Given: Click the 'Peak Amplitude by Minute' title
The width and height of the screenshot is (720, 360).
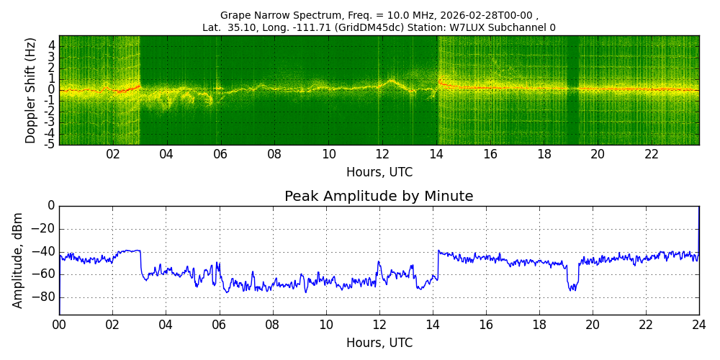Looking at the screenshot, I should click(x=379, y=197).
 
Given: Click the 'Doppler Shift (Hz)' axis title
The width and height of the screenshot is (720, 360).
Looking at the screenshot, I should click(x=30, y=91).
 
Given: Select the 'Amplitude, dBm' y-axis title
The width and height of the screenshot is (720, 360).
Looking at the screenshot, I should click(x=19, y=260).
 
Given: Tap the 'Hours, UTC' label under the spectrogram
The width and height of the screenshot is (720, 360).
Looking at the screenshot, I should click(x=379, y=173).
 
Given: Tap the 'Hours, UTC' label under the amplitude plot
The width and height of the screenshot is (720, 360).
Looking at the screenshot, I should click(x=379, y=343).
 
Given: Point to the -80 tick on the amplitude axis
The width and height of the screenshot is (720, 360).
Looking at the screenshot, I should click(x=45, y=297).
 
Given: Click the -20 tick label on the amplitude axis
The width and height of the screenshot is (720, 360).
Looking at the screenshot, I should click(x=45, y=229).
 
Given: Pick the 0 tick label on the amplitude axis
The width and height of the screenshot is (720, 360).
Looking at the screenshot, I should click(x=50, y=206).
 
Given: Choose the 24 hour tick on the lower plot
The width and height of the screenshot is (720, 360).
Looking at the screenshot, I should click(x=698, y=325).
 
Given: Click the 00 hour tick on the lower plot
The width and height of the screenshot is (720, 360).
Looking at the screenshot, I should click(x=59, y=325).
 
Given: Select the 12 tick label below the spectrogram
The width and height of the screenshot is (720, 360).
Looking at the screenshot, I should click(x=382, y=155).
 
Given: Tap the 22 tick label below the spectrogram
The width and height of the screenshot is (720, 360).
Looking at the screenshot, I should click(x=652, y=155).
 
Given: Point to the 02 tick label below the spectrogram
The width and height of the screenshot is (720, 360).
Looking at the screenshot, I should click(x=113, y=155).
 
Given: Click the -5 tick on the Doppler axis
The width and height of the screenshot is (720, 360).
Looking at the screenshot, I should click(x=50, y=144).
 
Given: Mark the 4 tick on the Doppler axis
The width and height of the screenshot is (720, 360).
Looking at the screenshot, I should click(x=52, y=45).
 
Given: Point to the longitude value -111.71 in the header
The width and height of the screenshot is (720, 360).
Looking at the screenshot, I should click(x=326, y=28).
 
